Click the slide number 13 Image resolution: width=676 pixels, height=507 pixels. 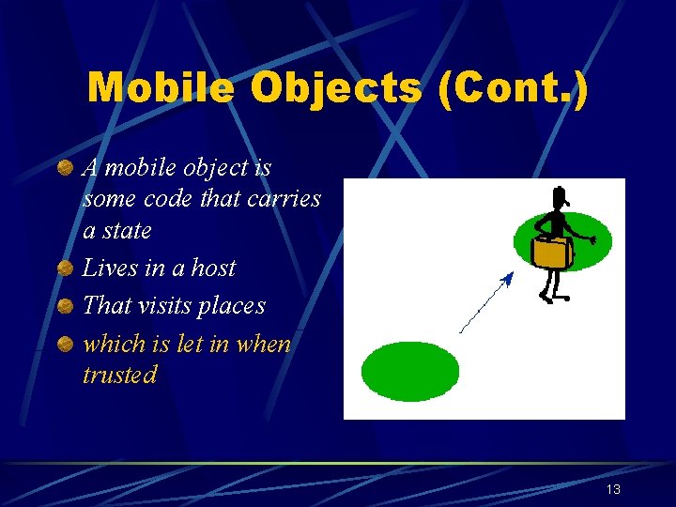point(613,489)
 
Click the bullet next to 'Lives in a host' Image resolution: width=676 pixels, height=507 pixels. point(64,269)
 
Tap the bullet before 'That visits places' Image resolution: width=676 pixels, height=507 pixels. point(64,306)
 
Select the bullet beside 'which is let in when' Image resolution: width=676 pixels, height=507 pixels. point(64,345)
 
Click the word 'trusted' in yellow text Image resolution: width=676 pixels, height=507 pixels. point(119,375)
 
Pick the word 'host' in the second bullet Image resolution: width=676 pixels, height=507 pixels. point(212,269)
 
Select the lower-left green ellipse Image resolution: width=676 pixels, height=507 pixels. point(410,371)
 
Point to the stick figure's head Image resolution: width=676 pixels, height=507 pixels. point(560,200)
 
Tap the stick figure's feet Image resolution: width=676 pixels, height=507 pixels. point(554,298)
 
